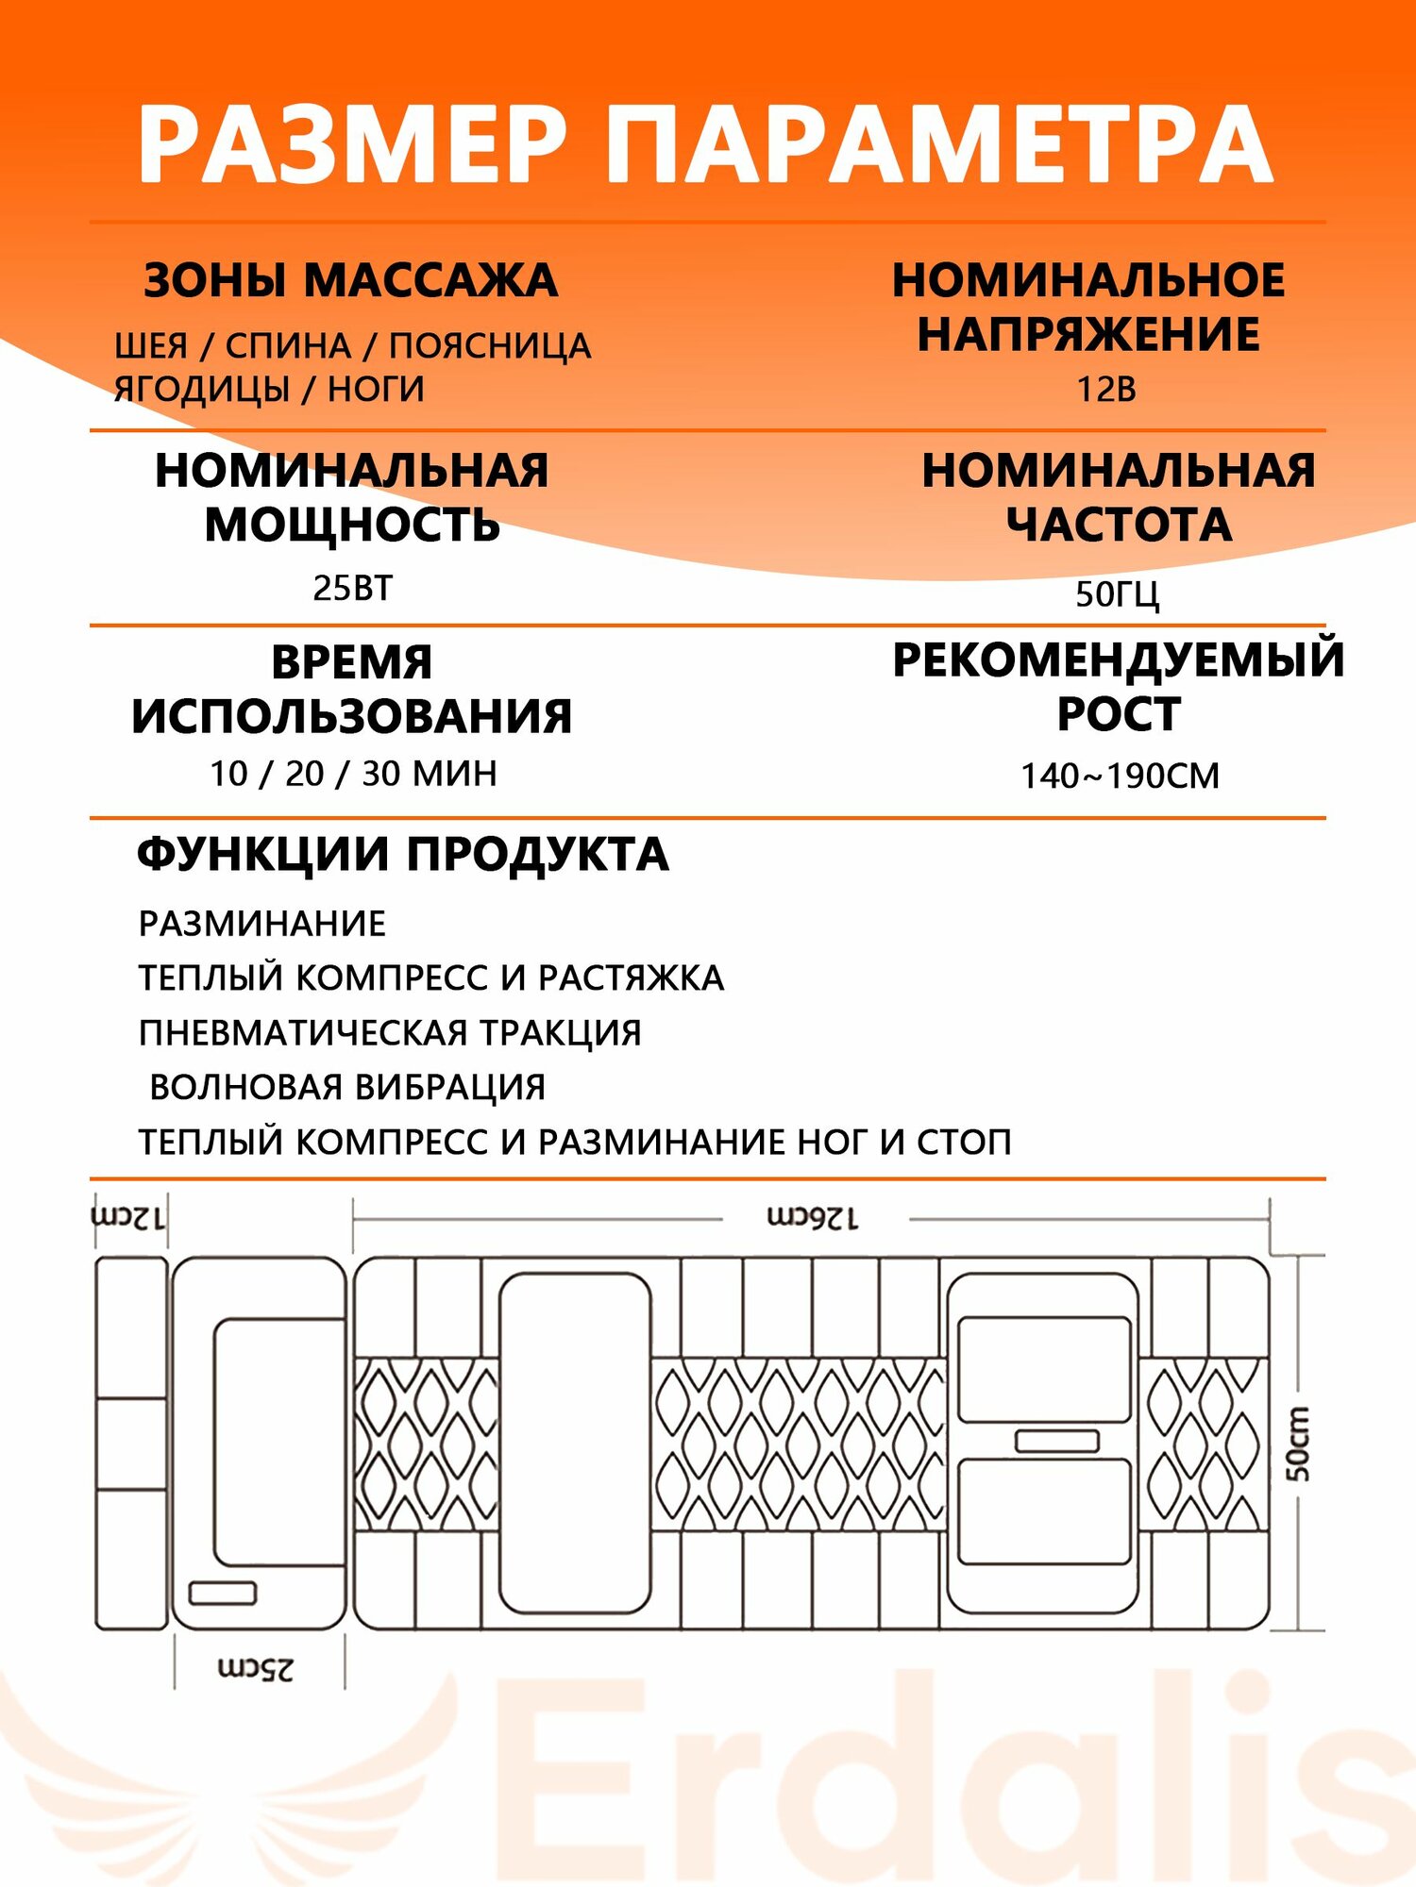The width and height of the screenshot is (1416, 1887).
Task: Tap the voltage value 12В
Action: (x=1106, y=389)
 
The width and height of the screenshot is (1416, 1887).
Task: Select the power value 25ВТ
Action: (x=352, y=588)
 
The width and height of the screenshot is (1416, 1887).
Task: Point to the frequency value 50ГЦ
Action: (x=1118, y=594)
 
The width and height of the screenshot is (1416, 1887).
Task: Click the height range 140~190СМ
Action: (x=1120, y=776)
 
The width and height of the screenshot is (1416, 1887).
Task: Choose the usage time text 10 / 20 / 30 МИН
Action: (x=353, y=774)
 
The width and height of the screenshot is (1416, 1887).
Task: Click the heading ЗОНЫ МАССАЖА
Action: (x=351, y=281)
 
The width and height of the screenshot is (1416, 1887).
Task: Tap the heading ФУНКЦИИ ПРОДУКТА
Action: (x=403, y=855)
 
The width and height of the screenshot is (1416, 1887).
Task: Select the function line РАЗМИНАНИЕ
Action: (x=262, y=924)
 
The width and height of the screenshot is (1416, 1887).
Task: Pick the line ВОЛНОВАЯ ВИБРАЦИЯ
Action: (x=347, y=1087)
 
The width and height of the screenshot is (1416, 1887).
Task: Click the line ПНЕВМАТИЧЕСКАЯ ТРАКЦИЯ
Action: (x=390, y=1033)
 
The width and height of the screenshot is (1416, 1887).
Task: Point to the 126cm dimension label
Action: (x=813, y=1218)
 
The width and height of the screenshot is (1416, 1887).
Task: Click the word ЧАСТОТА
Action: (x=1119, y=525)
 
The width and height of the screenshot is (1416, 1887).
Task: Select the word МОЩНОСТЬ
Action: (x=352, y=525)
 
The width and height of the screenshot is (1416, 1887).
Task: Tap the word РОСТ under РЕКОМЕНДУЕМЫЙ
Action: (x=1119, y=713)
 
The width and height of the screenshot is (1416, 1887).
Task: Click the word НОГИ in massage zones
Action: (x=376, y=389)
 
